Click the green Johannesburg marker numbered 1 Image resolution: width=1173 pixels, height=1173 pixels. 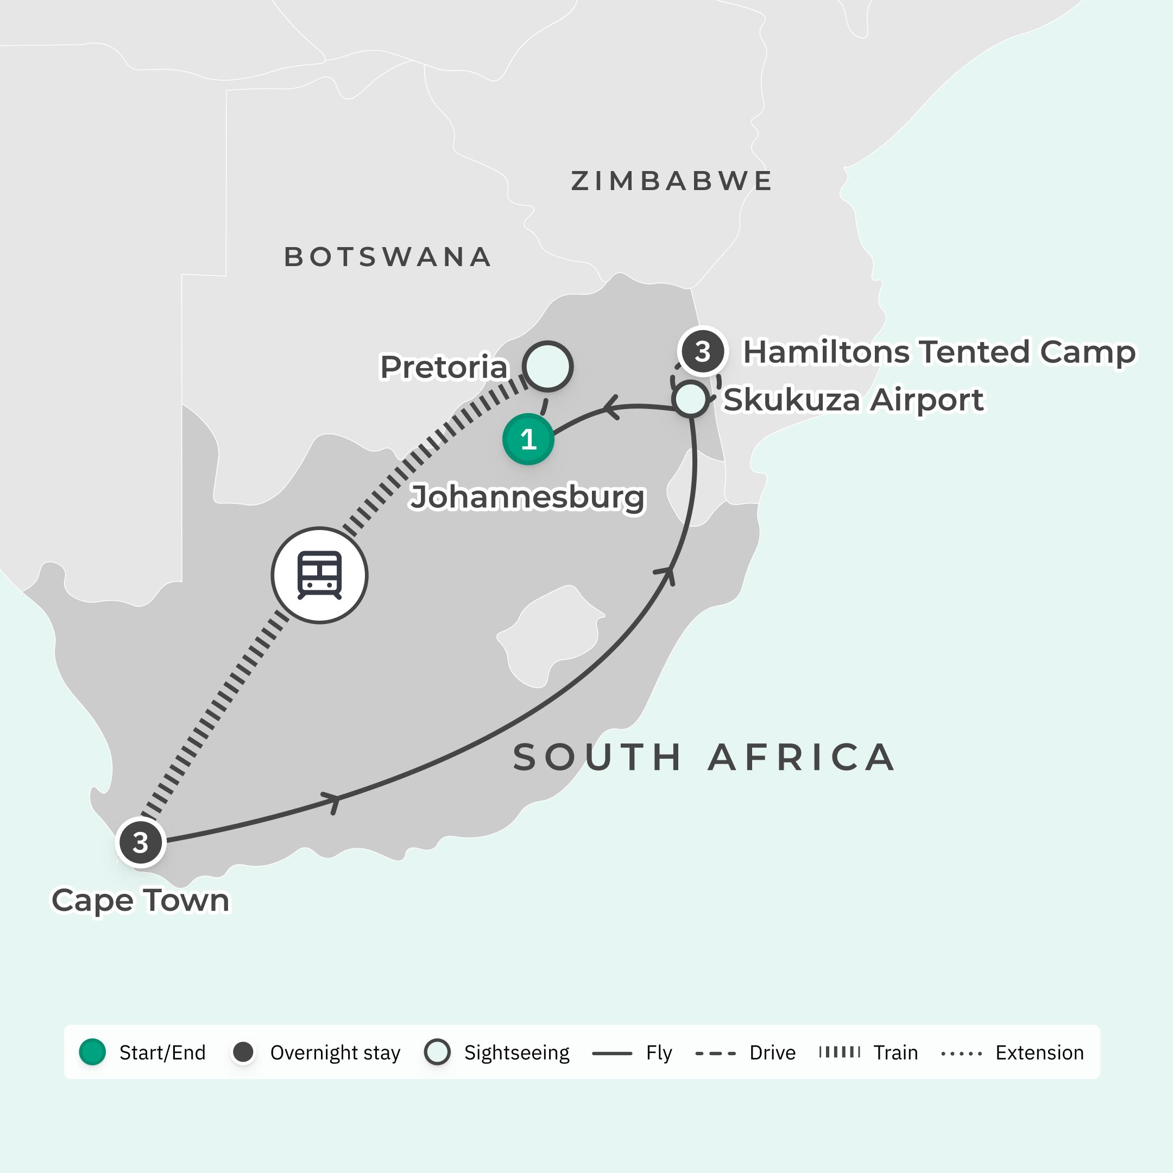pyautogui.click(x=528, y=439)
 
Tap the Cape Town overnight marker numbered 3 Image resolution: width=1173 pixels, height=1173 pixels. pyautogui.click(x=141, y=842)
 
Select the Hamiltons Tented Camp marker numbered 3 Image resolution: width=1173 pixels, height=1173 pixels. pyautogui.click(x=703, y=351)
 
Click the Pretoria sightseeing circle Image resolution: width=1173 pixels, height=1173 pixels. pyautogui.click(x=547, y=366)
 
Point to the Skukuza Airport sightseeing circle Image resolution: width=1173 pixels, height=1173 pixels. pyautogui.click(x=690, y=399)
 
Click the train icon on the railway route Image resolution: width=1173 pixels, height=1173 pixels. pyautogui.click(x=319, y=575)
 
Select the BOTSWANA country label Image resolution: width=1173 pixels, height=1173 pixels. pyautogui.click(x=388, y=257)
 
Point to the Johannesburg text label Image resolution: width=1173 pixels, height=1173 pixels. pyautogui.click(x=527, y=497)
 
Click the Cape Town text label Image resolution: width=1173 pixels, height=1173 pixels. pyautogui.click(x=141, y=900)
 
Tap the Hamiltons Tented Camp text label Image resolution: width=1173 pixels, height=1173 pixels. pyautogui.click(x=938, y=351)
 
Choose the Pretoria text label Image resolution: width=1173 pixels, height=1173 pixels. pyautogui.click(x=444, y=367)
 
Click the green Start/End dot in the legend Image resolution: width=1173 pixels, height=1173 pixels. pyautogui.click(x=93, y=1052)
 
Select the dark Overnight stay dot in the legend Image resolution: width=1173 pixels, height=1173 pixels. pyautogui.click(x=243, y=1052)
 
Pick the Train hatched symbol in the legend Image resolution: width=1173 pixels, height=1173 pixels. pyautogui.click(x=839, y=1052)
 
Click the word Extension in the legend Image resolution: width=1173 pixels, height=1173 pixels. pyautogui.click(x=1039, y=1052)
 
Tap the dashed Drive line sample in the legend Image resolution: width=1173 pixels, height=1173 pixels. pyautogui.click(x=715, y=1053)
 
